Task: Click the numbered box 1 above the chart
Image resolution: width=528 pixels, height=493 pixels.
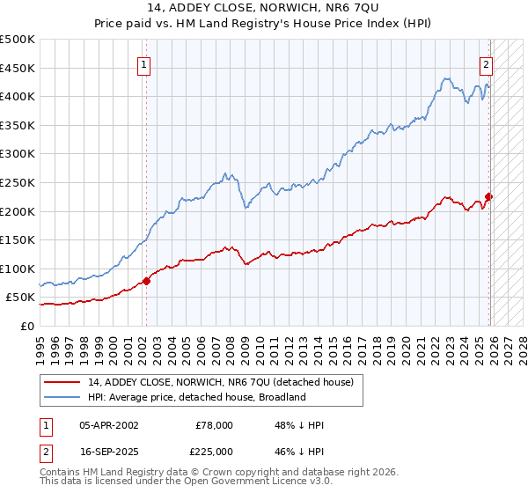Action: tap(143, 63)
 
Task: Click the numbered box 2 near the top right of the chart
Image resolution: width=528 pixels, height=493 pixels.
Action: tap(485, 63)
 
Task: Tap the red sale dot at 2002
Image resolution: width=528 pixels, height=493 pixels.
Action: tap(146, 281)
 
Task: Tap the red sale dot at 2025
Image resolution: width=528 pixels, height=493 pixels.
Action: tap(489, 197)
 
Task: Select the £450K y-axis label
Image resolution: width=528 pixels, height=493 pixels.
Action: tap(18, 68)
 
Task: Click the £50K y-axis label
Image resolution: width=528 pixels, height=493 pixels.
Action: tap(20, 298)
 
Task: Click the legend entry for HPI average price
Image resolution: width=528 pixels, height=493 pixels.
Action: tap(195, 397)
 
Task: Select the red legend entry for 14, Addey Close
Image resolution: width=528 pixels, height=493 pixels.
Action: tap(220, 382)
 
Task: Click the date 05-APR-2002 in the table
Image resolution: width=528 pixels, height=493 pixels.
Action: tap(108, 425)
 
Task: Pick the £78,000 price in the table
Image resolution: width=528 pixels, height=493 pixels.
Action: tap(215, 425)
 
